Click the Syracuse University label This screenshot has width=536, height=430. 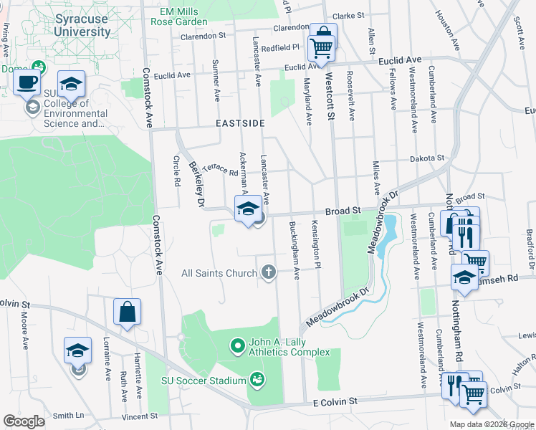coord(83,26)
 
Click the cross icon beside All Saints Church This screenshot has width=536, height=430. coord(269,272)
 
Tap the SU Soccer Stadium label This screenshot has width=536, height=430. coord(204,380)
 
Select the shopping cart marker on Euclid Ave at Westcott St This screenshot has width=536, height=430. coord(322,48)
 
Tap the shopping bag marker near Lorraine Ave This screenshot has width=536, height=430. coord(127,312)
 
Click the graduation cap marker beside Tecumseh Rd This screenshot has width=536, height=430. coord(464,277)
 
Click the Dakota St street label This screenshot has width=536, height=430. coord(427,158)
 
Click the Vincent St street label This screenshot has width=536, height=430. coord(139,416)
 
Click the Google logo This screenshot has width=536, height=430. coord(24,421)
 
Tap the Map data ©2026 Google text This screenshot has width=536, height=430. coord(491,424)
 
